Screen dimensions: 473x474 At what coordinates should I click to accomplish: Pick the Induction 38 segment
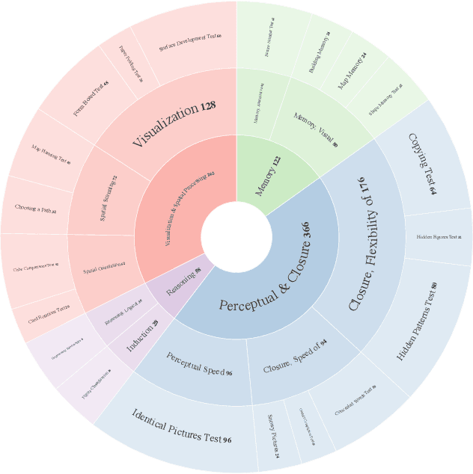click(x=142, y=336)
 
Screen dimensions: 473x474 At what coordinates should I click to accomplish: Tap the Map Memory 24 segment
click(x=352, y=70)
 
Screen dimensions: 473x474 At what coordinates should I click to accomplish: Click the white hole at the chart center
click(x=236, y=237)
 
